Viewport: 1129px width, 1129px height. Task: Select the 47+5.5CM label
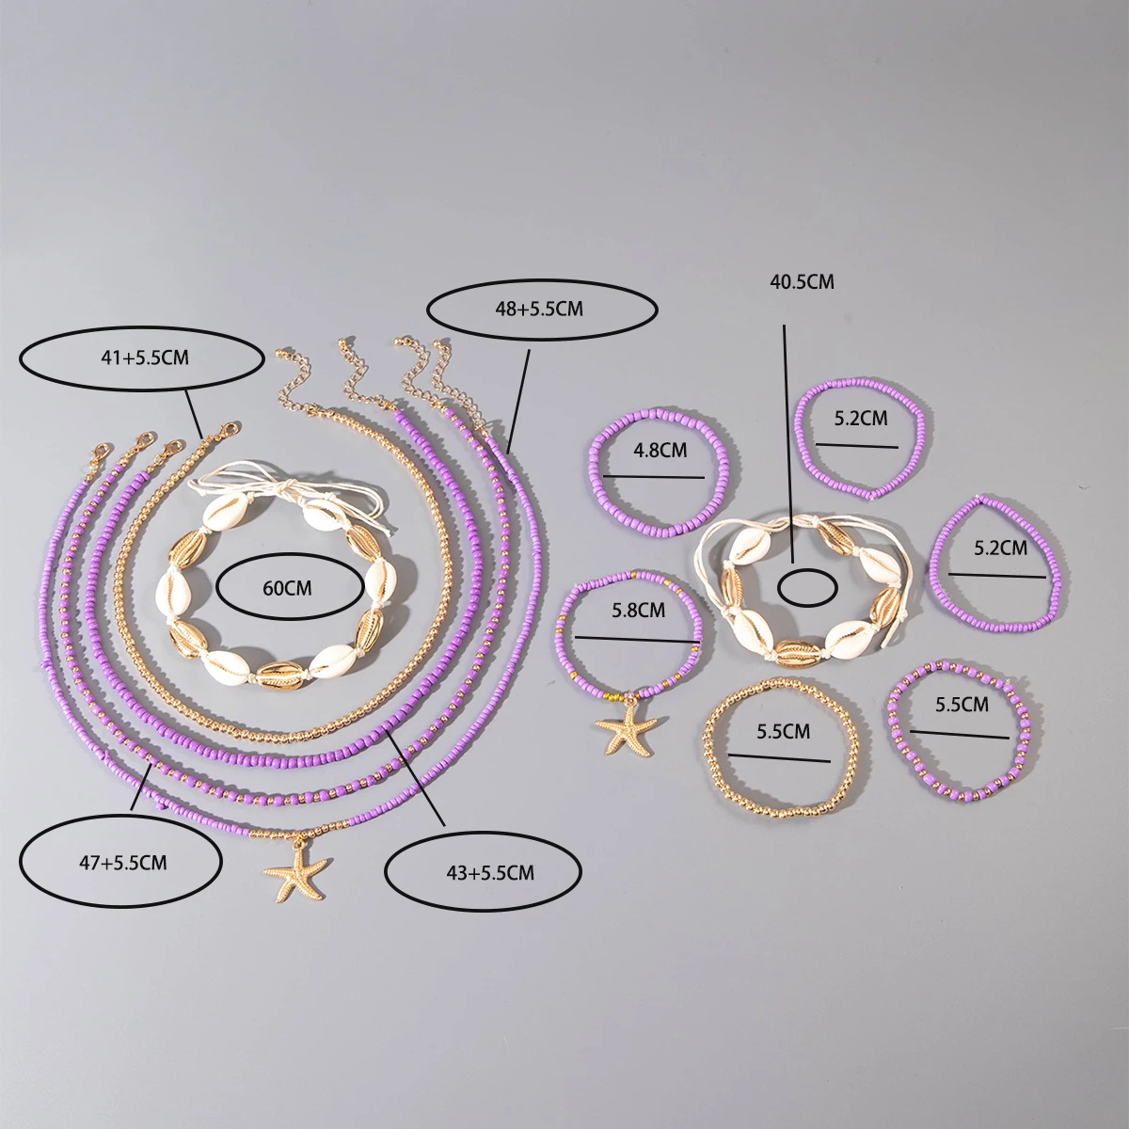coord(120,863)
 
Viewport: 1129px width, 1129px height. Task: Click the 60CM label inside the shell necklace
coord(290,588)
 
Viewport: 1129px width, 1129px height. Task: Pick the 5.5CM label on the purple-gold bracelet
coord(962,703)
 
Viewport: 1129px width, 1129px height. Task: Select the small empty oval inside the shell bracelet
coord(808,587)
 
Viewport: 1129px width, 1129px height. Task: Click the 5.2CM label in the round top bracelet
coord(860,420)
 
